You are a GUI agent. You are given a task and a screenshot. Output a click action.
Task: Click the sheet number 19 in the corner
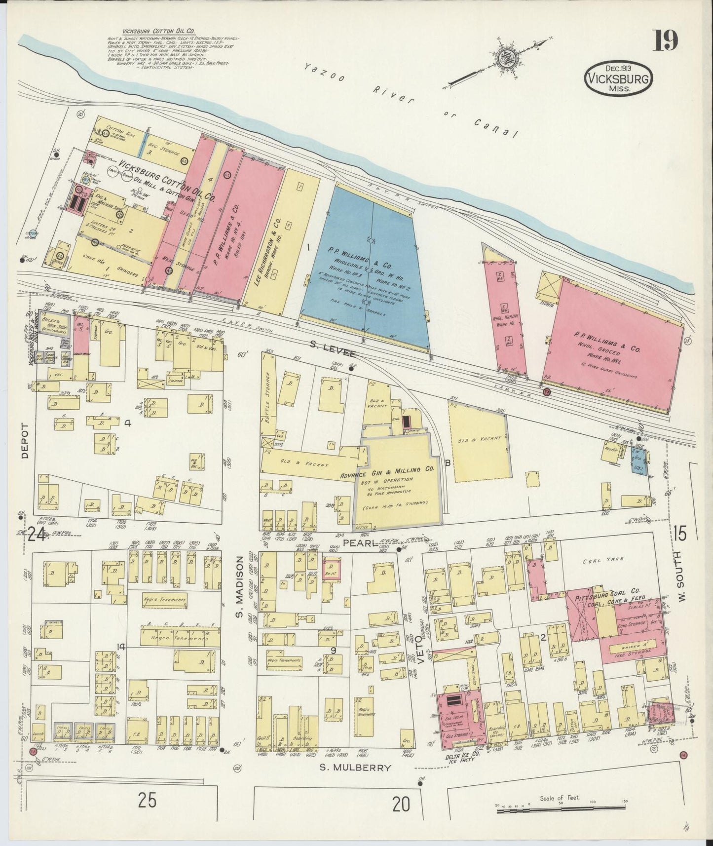click(666, 41)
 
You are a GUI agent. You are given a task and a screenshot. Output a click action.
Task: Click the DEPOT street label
click(25, 441)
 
